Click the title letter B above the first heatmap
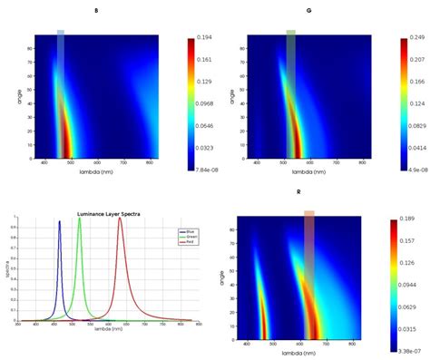(x=96, y=10)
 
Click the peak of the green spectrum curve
(x=80, y=219)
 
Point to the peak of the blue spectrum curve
(x=60, y=221)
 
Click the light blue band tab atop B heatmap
(x=61, y=32)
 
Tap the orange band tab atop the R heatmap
(x=309, y=213)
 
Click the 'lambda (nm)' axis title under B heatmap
(x=96, y=170)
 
